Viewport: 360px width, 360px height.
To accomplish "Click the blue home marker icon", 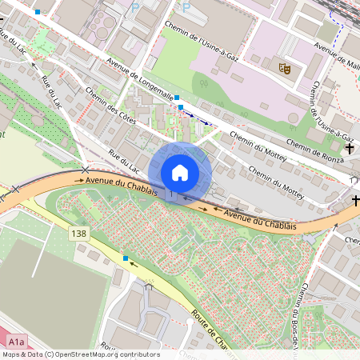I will (180, 173).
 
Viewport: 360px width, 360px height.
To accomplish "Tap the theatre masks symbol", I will (281, 69).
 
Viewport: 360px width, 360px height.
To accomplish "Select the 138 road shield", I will (78, 234).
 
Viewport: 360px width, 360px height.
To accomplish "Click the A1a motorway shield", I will (18, 342).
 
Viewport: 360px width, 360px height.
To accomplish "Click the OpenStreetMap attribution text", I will (81, 354).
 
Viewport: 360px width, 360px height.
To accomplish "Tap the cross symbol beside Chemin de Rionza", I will (350, 149).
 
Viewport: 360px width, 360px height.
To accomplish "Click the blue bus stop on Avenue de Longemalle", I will (181, 106).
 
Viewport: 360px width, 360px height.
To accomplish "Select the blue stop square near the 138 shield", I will (126, 258).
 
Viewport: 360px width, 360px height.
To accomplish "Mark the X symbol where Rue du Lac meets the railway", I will (86, 170).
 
